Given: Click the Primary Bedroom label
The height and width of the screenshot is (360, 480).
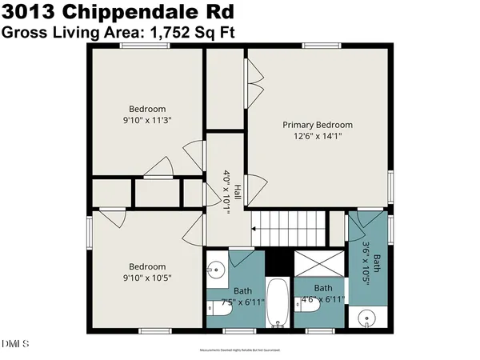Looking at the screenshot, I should pos(318,125).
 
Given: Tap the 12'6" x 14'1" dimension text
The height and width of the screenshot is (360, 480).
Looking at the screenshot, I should pos(318,136).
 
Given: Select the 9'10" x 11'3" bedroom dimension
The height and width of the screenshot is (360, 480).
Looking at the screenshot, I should pos(147,120).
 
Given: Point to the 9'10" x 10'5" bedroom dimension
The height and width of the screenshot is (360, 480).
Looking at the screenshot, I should pos(147,278).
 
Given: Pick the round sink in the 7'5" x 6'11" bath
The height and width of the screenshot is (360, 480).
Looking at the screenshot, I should pos(214,271).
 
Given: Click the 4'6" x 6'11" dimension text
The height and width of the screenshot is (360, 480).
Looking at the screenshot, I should pos(323,299).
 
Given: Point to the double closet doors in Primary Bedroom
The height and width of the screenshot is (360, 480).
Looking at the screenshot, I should pos(254,80).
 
